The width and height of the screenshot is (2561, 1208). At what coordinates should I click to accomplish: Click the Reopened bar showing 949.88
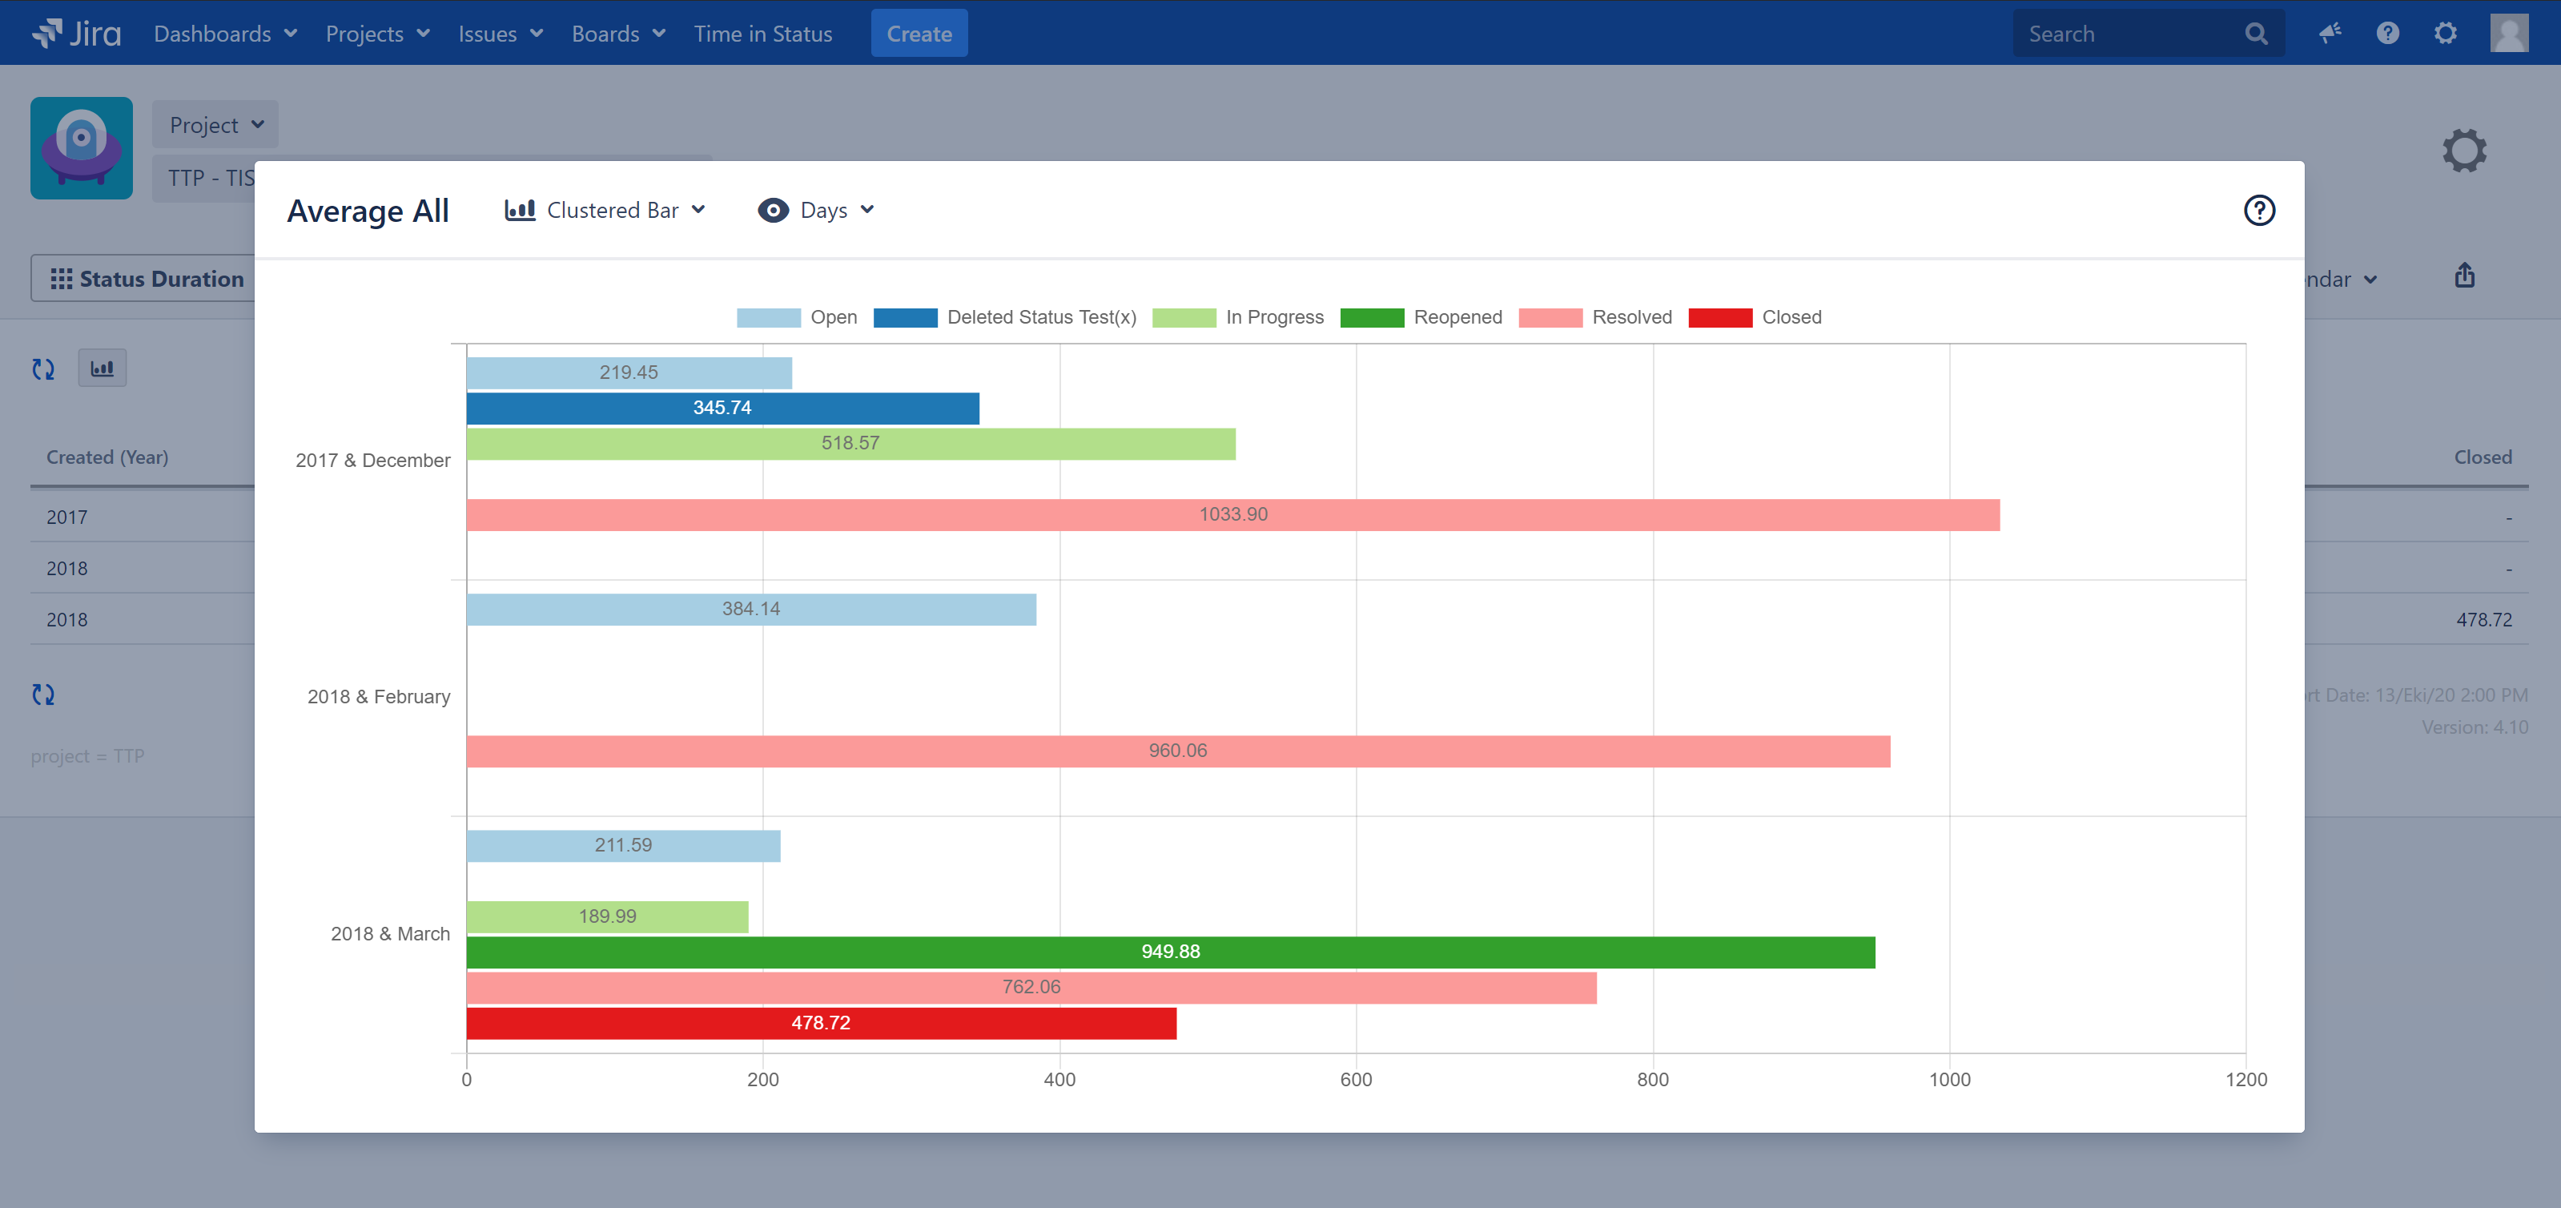coord(1170,952)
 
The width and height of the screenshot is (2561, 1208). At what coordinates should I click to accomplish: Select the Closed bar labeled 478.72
coord(820,1023)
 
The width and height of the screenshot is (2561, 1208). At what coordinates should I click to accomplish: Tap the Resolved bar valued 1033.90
coord(1232,514)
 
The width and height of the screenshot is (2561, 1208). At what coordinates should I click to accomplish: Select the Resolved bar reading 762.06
coord(1031,987)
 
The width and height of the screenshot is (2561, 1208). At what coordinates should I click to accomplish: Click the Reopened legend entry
coord(1421,317)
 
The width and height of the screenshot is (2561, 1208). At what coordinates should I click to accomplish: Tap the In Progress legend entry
coord(1239,317)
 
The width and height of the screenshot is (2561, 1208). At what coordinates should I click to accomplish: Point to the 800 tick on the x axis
coord(1652,1080)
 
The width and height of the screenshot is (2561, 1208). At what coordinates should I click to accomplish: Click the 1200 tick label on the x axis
coord(2245,1080)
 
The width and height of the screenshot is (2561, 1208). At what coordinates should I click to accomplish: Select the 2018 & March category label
coord(390,933)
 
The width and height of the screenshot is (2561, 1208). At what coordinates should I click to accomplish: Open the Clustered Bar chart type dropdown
coord(605,210)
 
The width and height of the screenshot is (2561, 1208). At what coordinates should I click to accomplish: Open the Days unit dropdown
coord(816,210)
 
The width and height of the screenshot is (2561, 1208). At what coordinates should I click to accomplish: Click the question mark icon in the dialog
coord(2259,210)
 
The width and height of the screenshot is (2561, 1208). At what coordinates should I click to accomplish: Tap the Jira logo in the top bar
coord(77,33)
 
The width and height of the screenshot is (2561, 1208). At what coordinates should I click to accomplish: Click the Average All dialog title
coord(368,211)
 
